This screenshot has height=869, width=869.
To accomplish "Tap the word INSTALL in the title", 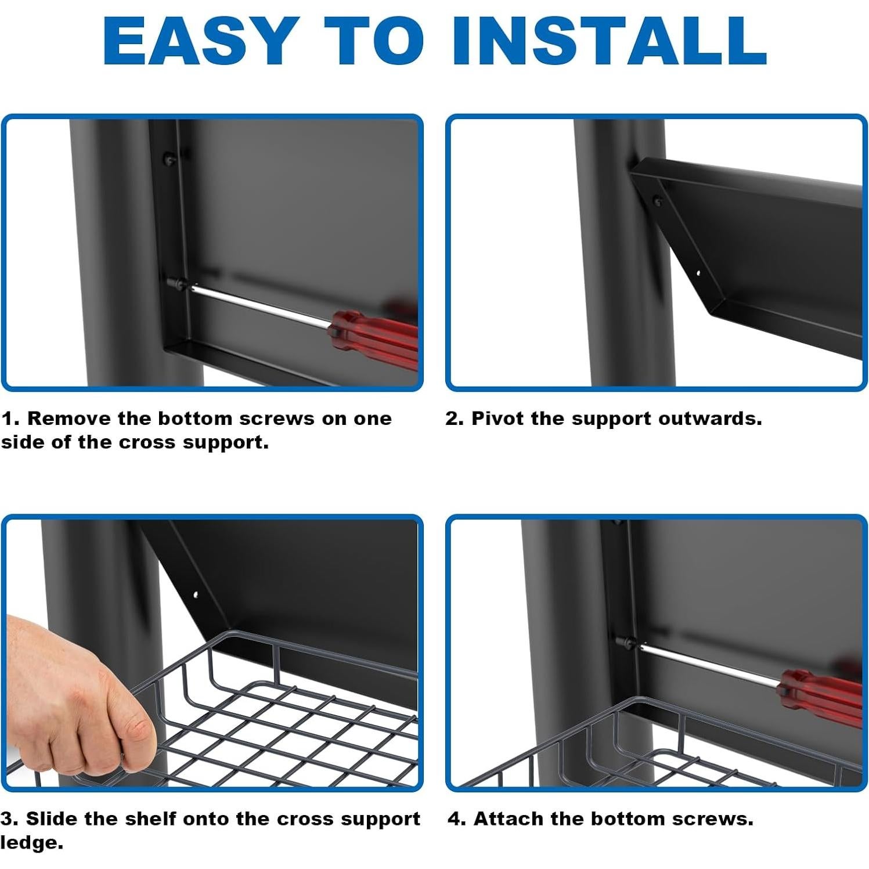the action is click(610, 41).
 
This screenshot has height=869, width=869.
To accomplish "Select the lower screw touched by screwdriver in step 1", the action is click(176, 284).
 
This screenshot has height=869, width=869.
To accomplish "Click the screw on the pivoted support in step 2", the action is click(658, 201).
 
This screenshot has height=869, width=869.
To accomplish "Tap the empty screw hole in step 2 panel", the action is click(698, 272).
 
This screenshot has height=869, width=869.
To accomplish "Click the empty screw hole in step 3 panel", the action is click(196, 594).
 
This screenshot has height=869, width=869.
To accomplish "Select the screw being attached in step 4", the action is click(625, 643).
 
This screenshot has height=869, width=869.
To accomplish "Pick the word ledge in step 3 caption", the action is click(31, 843).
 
